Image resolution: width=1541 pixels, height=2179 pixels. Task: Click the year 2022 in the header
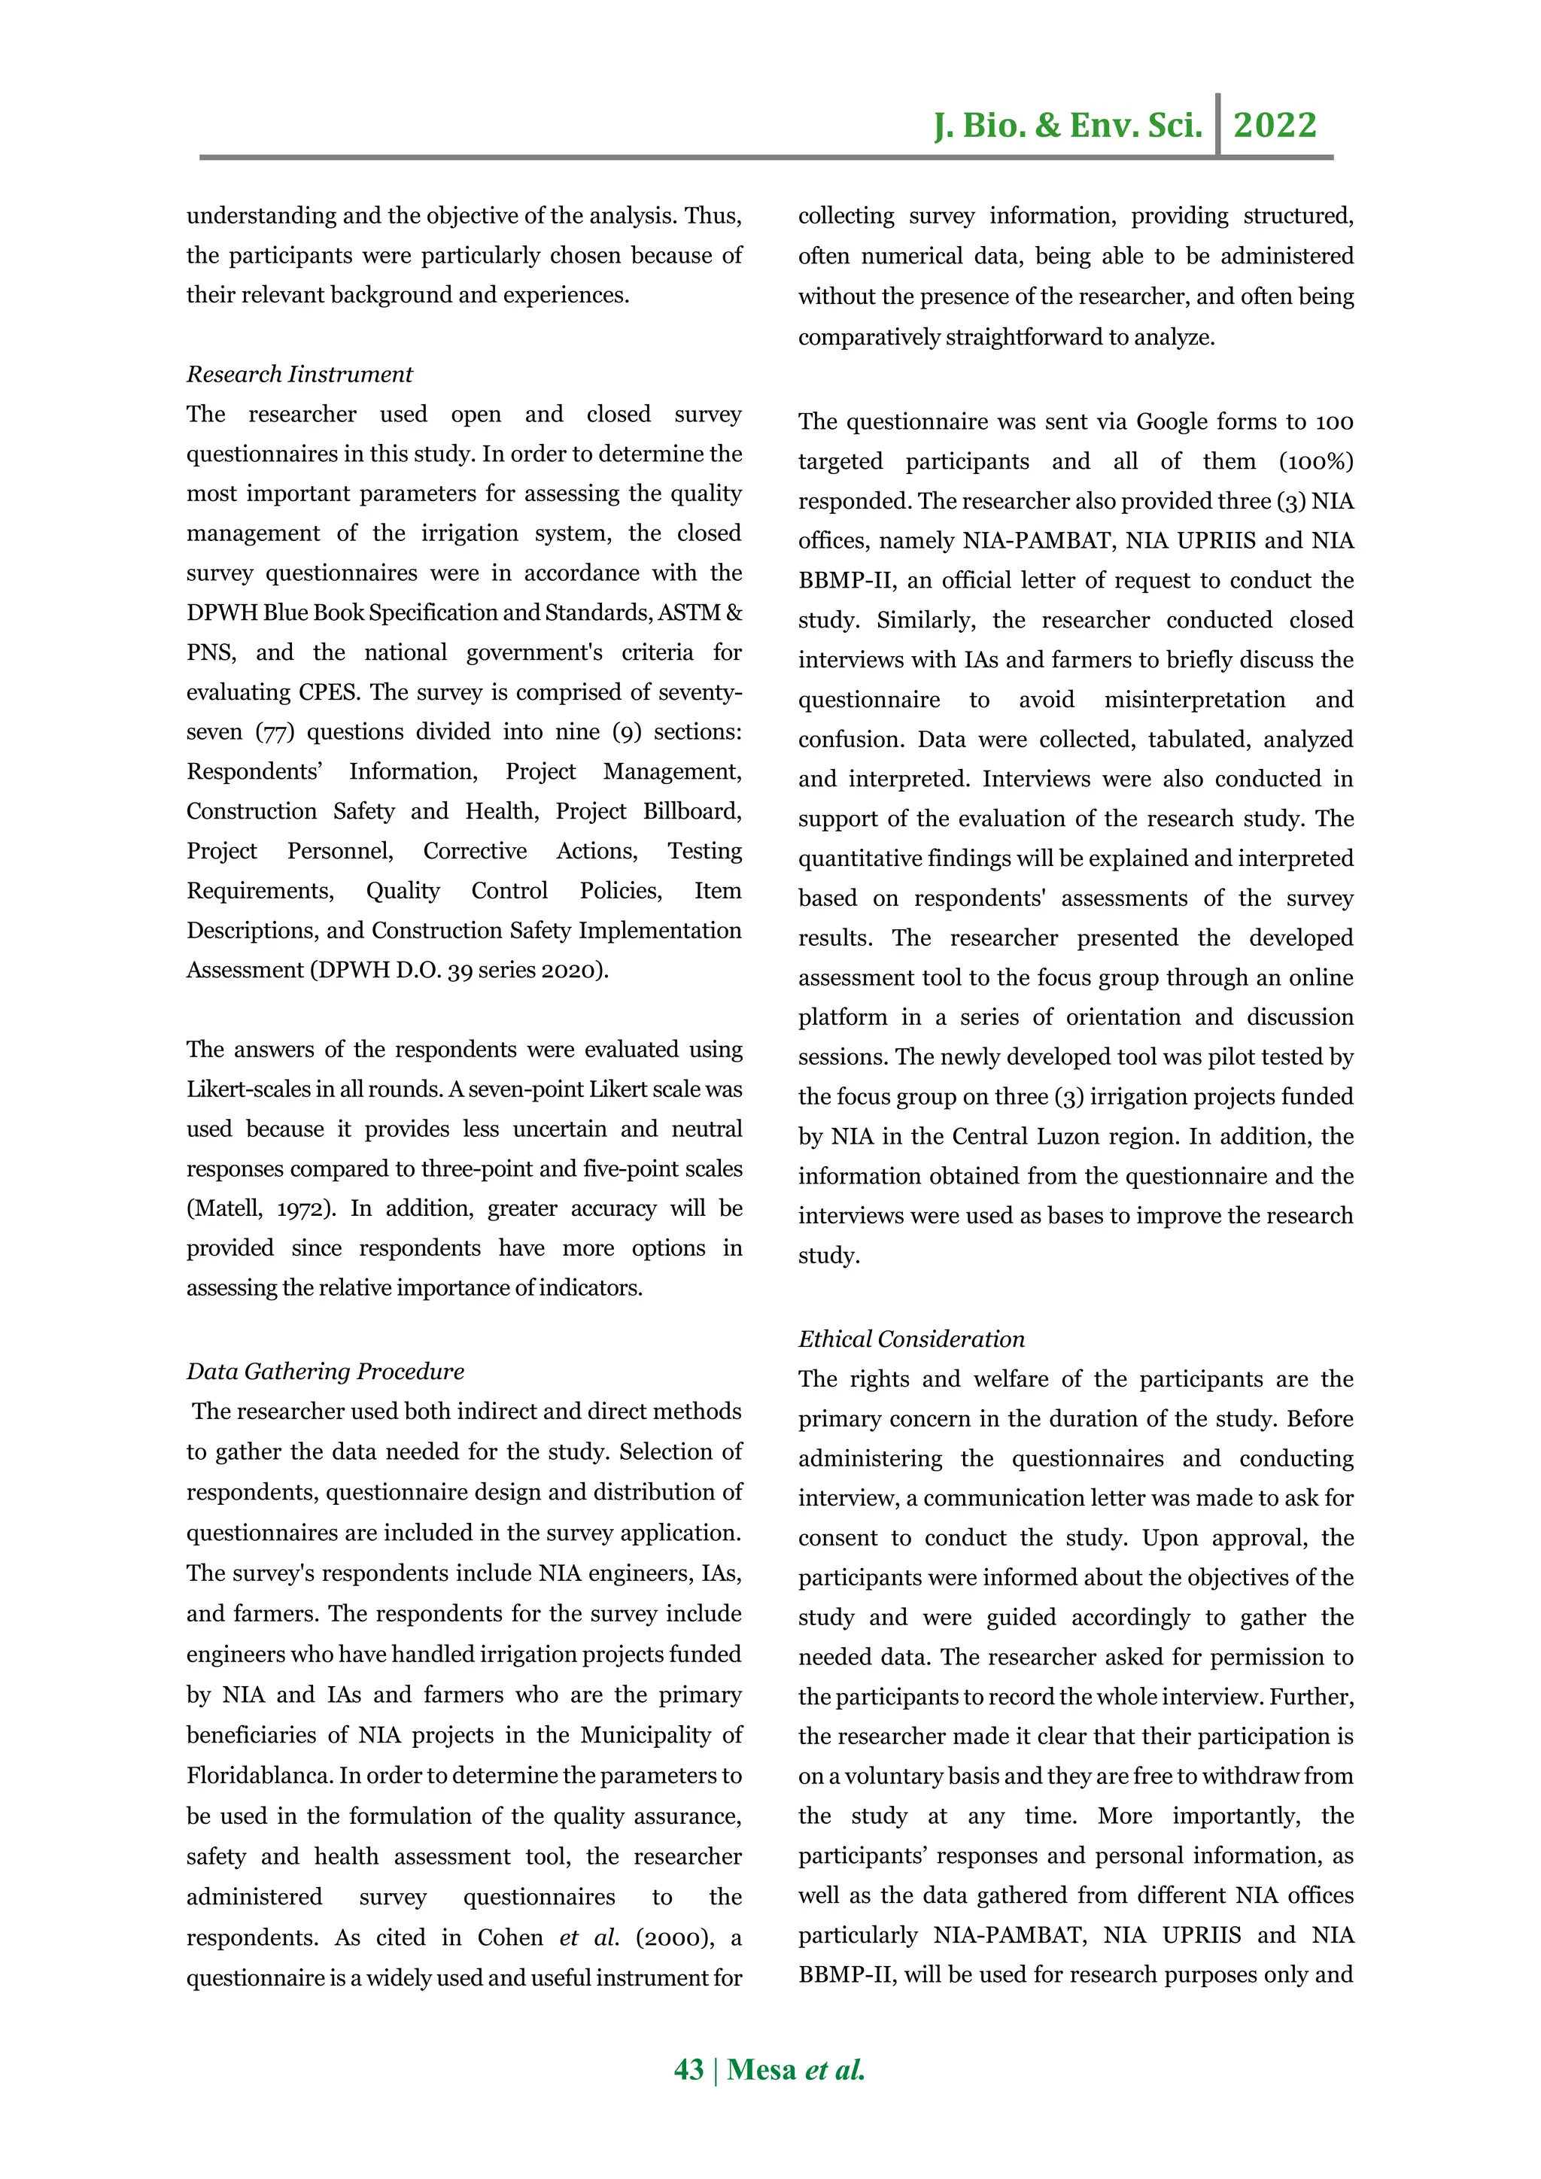1275,125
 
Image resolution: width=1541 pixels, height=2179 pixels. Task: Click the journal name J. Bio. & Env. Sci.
1068,125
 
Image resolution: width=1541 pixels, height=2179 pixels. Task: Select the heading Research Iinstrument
299,374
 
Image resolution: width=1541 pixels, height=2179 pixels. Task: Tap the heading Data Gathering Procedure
324,1372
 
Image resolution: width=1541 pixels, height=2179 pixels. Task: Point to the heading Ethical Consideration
911,1339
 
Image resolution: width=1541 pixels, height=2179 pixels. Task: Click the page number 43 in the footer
688,2069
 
